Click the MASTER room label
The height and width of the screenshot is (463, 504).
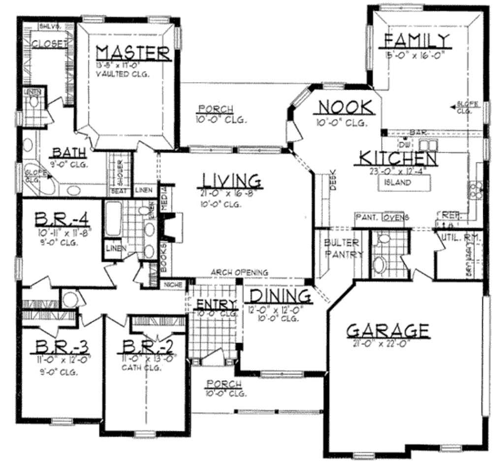click(x=133, y=53)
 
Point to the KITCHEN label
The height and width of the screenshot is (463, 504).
click(x=398, y=159)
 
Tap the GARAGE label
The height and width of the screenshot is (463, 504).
click(x=387, y=331)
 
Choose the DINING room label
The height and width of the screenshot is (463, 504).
click(x=280, y=296)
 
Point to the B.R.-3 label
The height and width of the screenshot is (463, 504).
click(x=61, y=347)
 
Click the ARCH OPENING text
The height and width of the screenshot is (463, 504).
click(x=239, y=272)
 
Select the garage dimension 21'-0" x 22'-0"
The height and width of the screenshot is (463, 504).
click(x=382, y=344)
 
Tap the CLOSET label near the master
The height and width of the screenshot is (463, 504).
click(x=50, y=44)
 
